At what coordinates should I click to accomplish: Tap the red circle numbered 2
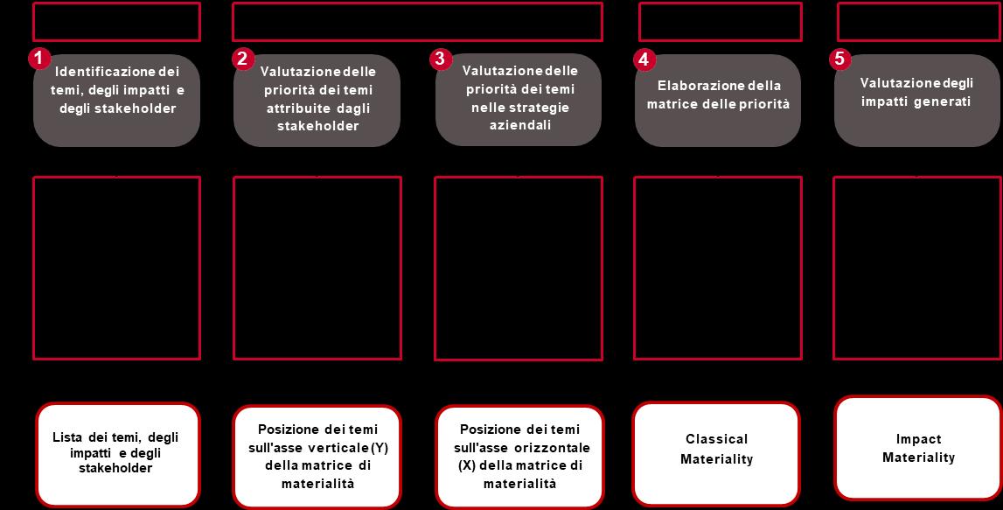coord(242,59)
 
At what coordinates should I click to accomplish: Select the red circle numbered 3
coord(439,59)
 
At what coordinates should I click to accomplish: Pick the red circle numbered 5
coord(839,59)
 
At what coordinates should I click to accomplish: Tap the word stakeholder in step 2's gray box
coord(317,126)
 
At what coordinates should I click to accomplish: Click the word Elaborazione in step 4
coord(696,86)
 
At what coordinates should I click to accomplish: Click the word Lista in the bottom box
coord(67,437)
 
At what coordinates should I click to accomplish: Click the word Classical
coord(716,439)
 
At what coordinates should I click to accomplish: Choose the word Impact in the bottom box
coord(918,439)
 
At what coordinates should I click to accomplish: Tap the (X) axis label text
coord(466,465)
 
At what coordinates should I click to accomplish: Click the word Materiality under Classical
coord(716,459)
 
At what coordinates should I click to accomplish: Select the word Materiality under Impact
coord(918,458)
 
